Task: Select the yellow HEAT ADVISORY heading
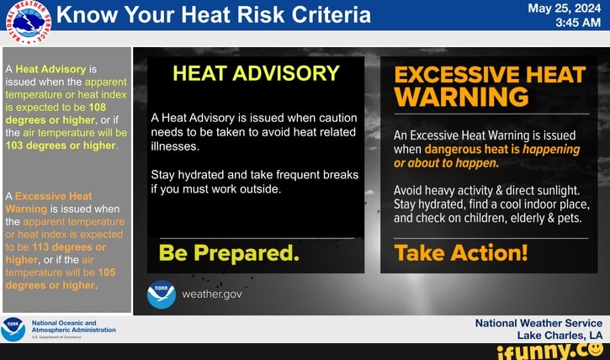pos(256,74)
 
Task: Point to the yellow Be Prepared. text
pos(229,252)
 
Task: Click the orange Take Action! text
pos(461,252)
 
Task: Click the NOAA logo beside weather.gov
pos(161,294)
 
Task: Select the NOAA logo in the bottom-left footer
pos(13,328)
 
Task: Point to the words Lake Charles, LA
pos(560,334)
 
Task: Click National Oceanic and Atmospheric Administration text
pos(73,326)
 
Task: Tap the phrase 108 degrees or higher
pos(56,114)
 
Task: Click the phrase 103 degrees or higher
pos(61,145)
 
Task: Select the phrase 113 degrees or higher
pos(56,253)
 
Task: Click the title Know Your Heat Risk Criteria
pos(214,15)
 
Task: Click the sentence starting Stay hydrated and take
pos(254,182)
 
